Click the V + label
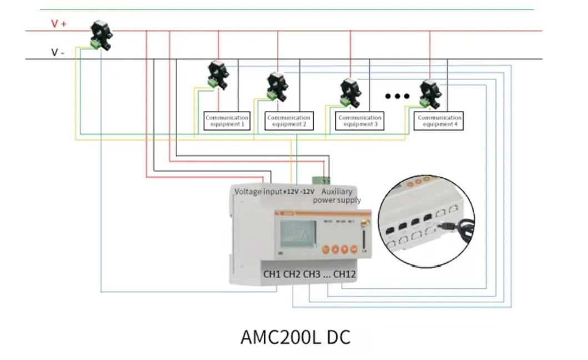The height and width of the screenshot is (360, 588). (x=58, y=23)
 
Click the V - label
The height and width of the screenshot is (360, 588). (x=58, y=52)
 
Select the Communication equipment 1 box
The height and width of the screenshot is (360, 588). (x=227, y=121)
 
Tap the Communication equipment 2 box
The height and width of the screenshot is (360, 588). (x=289, y=121)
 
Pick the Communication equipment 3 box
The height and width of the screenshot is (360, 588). (x=360, y=121)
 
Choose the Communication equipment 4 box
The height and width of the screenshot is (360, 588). (x=439, y=121)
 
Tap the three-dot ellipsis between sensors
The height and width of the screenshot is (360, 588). (x=397, y=96)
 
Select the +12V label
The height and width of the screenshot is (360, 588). (x=290, y=192)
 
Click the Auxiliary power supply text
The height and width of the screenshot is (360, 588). (x=337, y=196)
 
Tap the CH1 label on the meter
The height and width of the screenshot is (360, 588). (x=272, y=274)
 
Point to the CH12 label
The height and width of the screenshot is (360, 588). (x=345, y=274)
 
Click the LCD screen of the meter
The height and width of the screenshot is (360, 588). (x=298, y=233)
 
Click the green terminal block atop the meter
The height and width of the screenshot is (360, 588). (x=320, y=180)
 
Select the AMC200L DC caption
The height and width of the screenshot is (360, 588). (x=295, y=337)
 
